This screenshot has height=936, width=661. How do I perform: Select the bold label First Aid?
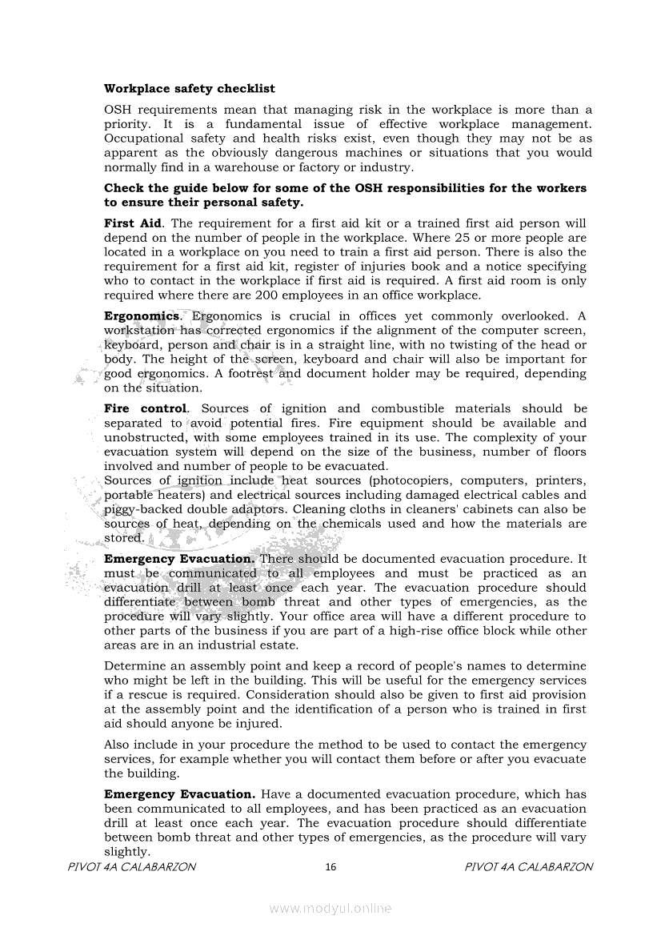pos(133,223)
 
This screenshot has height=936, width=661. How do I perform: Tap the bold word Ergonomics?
pos(142,316)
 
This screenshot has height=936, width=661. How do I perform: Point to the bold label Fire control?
pos(146,409)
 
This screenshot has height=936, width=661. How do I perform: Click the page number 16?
pos(331,867)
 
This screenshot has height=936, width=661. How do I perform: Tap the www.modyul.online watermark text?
pos(330,908)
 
